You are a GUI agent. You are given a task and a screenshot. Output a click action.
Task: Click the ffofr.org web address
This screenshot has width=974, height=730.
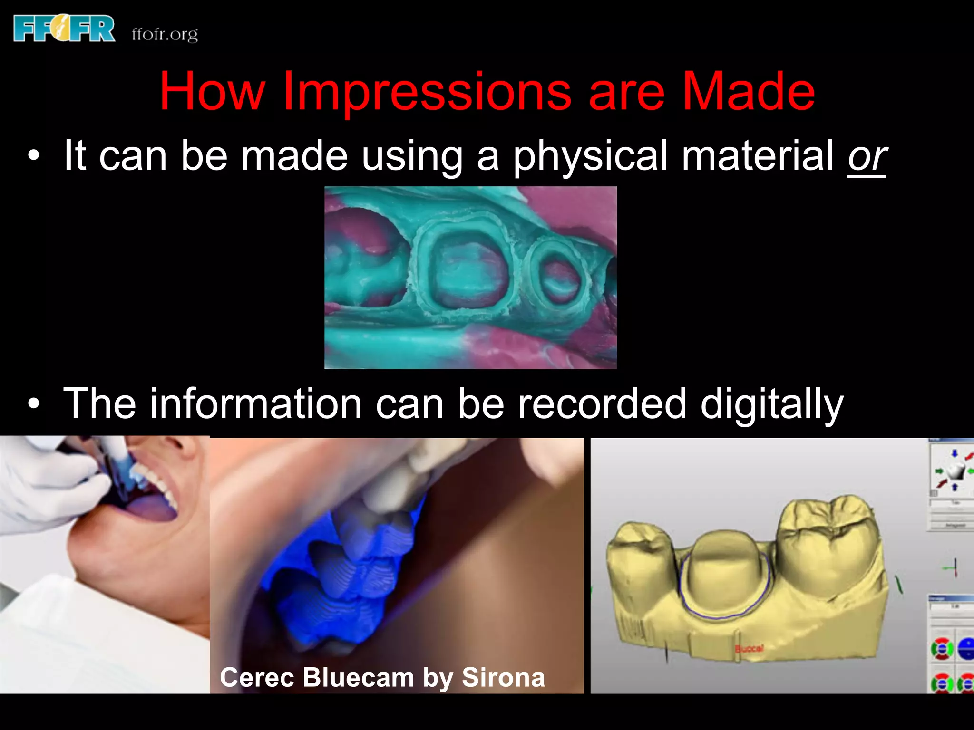tap(165, 34)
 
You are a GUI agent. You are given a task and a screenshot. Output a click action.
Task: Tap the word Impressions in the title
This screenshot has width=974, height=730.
tap(427, 91)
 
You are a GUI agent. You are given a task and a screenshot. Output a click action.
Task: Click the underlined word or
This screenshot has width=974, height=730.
tap(867, 156)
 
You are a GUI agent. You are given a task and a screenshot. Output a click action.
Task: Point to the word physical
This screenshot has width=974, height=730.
tap(590, 156)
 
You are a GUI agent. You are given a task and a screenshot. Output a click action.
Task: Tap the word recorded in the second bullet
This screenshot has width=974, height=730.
tap(602, 403)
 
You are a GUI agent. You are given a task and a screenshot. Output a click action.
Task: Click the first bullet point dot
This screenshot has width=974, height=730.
tap(33, 156)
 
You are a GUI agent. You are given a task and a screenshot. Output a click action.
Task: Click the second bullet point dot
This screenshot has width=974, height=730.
tap(33, 404)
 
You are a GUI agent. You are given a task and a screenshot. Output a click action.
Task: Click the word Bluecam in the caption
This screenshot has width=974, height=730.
tap(358, 677)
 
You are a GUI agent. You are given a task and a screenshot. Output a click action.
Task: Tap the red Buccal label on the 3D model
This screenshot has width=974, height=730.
tap(750, 649)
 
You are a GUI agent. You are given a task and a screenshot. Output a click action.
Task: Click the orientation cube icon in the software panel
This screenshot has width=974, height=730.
tap(954, 471)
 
